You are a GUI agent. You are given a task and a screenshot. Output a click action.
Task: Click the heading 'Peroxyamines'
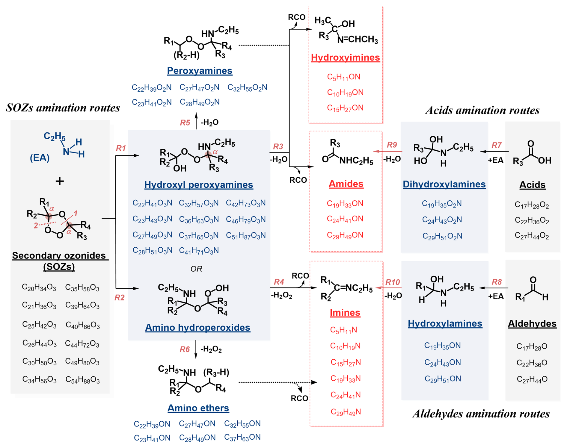200,71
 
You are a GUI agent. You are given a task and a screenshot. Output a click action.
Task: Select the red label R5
185,122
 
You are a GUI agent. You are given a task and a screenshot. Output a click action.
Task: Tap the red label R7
496,145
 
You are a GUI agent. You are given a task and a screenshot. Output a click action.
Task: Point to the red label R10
392,282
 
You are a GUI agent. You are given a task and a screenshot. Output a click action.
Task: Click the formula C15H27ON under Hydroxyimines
345,108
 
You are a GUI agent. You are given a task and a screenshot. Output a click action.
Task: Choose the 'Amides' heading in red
346,184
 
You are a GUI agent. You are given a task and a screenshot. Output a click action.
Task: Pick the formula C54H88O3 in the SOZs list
82,380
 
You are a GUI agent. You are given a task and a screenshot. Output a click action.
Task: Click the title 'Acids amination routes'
482,110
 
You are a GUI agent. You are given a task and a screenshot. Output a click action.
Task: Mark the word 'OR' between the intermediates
196,269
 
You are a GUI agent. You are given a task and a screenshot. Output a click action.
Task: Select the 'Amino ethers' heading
198,408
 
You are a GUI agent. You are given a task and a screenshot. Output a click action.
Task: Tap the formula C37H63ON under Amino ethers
242,437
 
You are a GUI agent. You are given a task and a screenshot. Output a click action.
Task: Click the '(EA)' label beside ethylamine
40,158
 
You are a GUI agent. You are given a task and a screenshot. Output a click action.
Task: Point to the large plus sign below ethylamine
60,181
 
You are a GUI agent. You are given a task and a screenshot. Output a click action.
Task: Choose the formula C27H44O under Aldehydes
532,379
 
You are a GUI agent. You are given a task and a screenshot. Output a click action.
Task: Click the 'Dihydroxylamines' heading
444,184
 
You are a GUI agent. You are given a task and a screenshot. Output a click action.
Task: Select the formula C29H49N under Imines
346,412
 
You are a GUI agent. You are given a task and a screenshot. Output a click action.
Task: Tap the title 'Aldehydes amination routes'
481,414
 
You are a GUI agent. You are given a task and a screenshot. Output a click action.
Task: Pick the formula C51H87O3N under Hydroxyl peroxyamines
246,235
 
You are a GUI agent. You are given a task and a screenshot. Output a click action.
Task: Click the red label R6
185,349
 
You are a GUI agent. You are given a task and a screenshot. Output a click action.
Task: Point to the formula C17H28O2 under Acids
532,205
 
